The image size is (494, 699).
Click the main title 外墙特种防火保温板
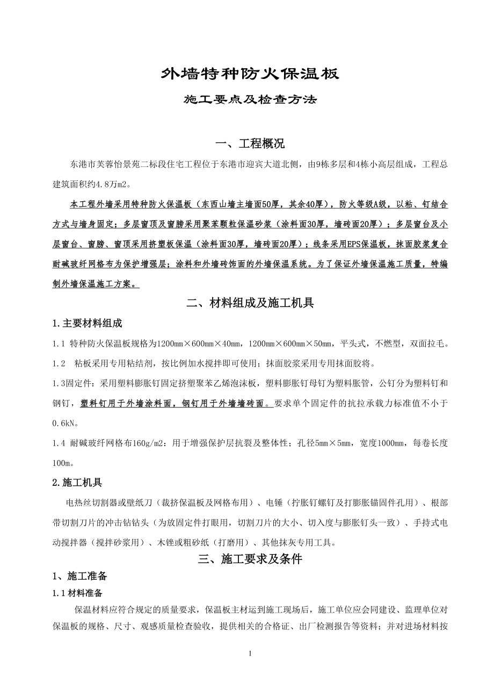(x=250, y=74)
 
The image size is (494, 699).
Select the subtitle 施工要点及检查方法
(x=250, y=100)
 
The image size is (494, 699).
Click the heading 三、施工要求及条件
(x=250, y=559)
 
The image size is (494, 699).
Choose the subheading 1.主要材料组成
(x=87, y=323)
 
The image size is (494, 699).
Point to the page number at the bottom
(x=250, y=653)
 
